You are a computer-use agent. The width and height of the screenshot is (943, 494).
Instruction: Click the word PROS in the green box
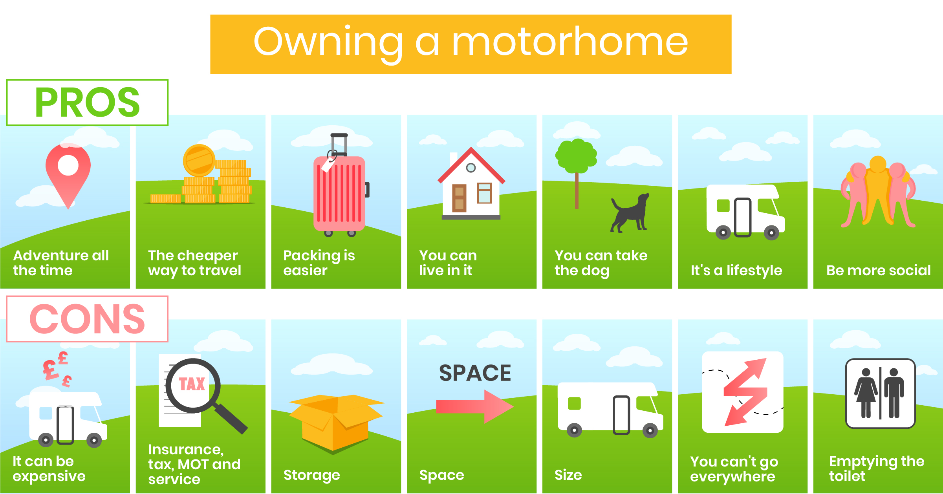87,102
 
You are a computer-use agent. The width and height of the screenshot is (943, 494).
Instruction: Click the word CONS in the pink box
87,319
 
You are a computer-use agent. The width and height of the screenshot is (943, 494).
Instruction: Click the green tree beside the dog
576,165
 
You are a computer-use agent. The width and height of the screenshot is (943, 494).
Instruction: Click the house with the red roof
471,183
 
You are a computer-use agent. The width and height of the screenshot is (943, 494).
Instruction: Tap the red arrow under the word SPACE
475,406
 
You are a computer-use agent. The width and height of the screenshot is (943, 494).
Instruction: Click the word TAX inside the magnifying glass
192,384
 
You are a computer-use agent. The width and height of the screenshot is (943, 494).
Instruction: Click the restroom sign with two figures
880,393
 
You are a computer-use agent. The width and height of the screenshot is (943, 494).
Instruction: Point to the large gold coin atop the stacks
199,160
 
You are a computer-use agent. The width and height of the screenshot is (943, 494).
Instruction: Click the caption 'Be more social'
878,270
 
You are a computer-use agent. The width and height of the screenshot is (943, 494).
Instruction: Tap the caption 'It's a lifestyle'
736,271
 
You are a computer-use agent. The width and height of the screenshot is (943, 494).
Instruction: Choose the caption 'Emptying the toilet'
877,468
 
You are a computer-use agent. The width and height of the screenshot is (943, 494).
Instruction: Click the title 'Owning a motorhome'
471,42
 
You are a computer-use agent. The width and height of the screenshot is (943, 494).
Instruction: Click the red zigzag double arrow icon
745,392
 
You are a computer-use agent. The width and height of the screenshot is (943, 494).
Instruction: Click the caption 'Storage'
311,475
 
